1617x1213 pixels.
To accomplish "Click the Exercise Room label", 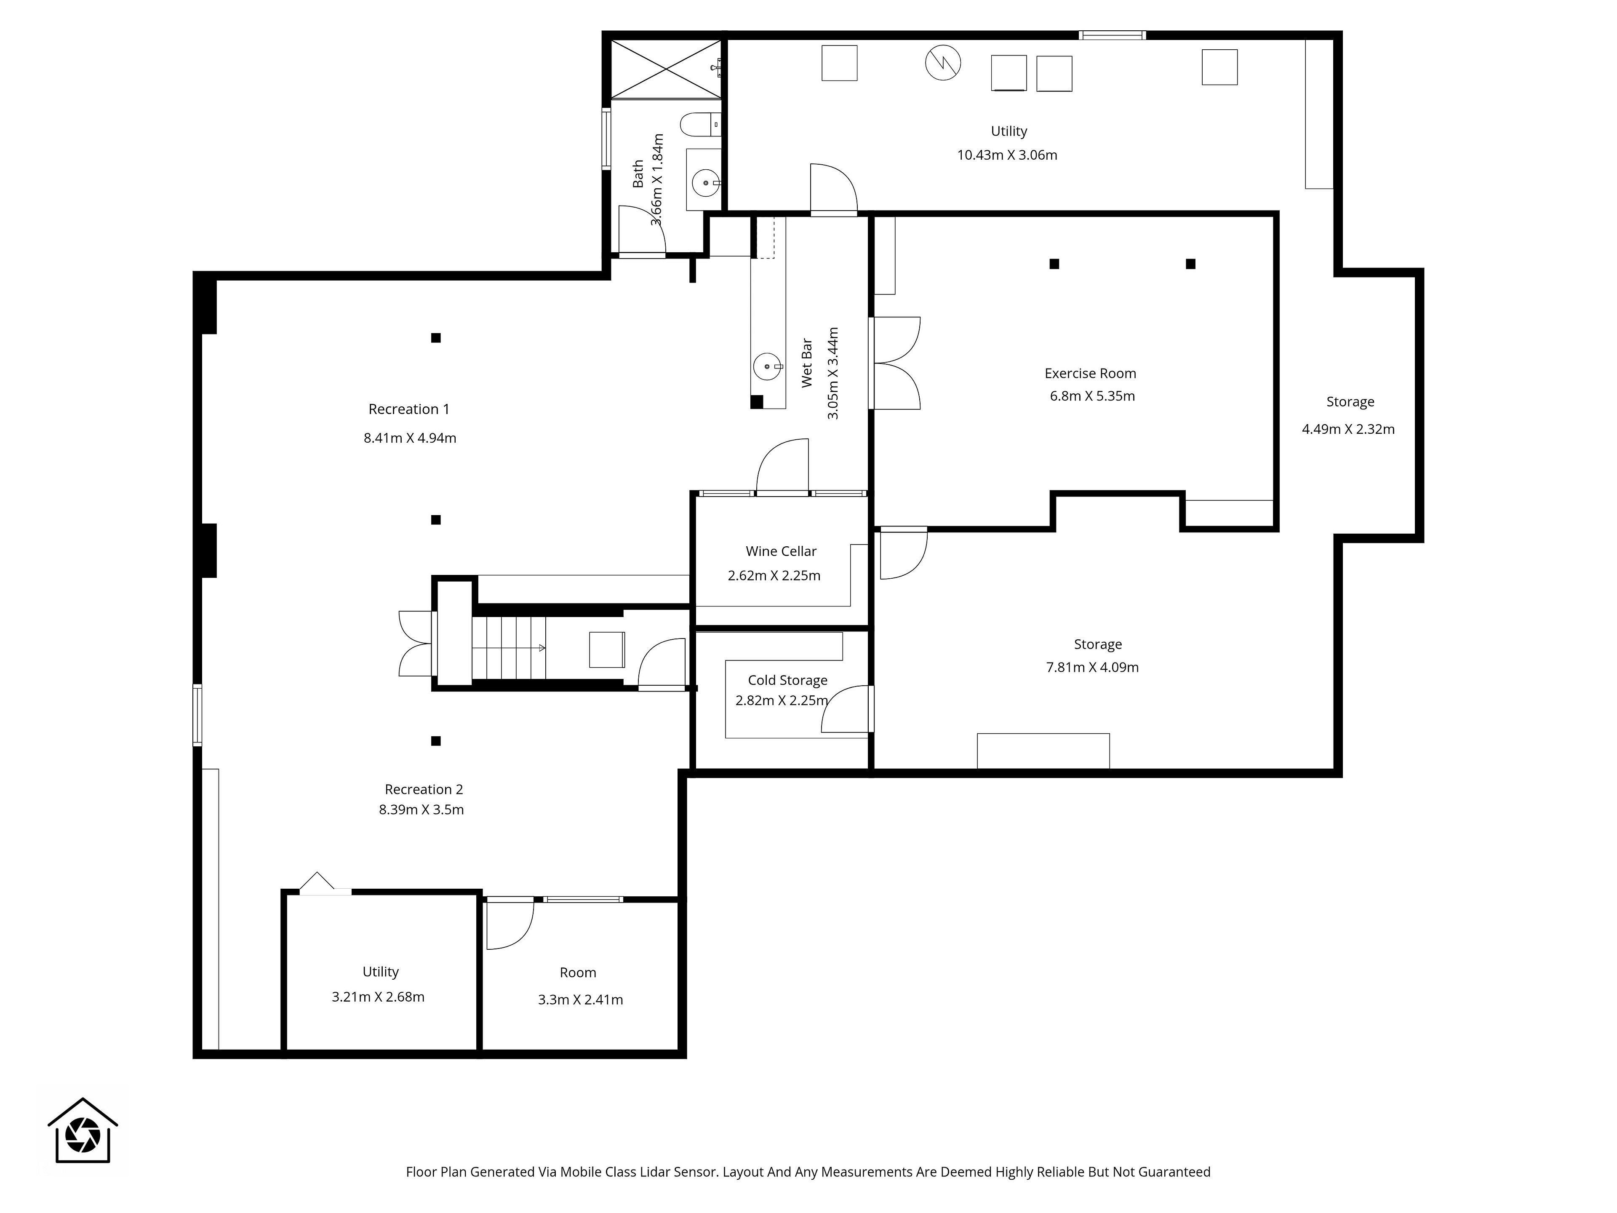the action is (x=1090, y=374).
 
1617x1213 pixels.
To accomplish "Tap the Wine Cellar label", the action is (x=781, y=551).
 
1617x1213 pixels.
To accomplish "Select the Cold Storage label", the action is (x=787, y=681).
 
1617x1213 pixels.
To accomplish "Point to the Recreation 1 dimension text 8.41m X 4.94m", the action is (x=410, y=438).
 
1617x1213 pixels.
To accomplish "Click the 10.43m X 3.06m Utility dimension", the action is (x=1007, y=155).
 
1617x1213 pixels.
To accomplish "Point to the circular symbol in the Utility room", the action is (x=943, y=63).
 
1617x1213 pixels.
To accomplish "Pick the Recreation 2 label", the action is (x=424, y=790).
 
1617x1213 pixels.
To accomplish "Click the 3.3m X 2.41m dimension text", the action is (x=580, y=999).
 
